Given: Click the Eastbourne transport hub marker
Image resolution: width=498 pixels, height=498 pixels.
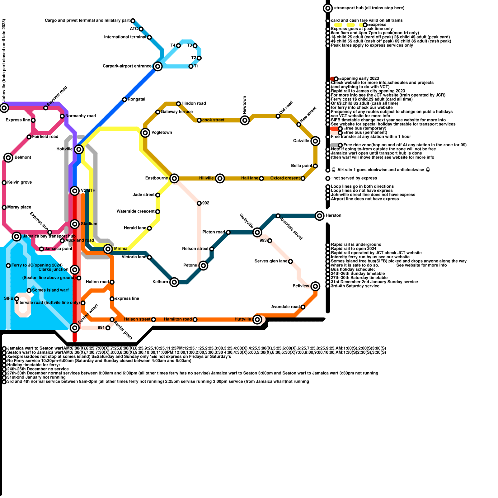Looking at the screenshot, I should point(174,178).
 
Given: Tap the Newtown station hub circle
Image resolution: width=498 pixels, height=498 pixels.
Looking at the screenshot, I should point(245,120).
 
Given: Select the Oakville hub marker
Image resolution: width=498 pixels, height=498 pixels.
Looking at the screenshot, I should point(315,141).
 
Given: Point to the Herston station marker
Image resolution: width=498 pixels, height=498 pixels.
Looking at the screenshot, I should point(319,215).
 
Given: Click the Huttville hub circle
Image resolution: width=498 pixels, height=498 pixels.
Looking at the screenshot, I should point(257,319).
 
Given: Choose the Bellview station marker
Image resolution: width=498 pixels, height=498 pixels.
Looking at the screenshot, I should point(315,286).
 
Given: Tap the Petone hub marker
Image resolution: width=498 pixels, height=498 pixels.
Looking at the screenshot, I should point(203,265).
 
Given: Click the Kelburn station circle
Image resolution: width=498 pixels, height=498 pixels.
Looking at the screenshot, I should point(174,282).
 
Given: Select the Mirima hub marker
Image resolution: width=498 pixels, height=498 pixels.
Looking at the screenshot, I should point(108,249).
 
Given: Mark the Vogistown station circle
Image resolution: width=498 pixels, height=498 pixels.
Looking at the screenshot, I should point(145,133).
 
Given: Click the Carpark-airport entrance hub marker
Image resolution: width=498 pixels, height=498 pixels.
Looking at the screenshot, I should point(158,66).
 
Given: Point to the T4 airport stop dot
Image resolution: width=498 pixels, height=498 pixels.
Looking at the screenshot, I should point(178,46).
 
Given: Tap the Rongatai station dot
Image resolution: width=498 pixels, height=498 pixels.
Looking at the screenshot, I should point(125,100).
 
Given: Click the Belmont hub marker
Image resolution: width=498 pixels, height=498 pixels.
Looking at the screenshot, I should point(8,157).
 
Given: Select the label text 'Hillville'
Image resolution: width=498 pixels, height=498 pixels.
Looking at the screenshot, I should point(206,178).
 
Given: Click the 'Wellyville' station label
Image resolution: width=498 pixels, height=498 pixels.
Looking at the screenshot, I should point(246,221).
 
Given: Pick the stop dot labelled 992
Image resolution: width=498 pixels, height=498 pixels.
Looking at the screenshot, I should point(199,203).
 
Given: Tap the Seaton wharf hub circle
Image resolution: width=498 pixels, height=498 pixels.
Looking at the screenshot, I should point(75,327).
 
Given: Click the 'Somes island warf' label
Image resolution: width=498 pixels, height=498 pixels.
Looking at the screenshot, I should point(50,290).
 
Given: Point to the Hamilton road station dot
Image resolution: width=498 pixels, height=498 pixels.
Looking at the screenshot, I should point(195,319).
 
